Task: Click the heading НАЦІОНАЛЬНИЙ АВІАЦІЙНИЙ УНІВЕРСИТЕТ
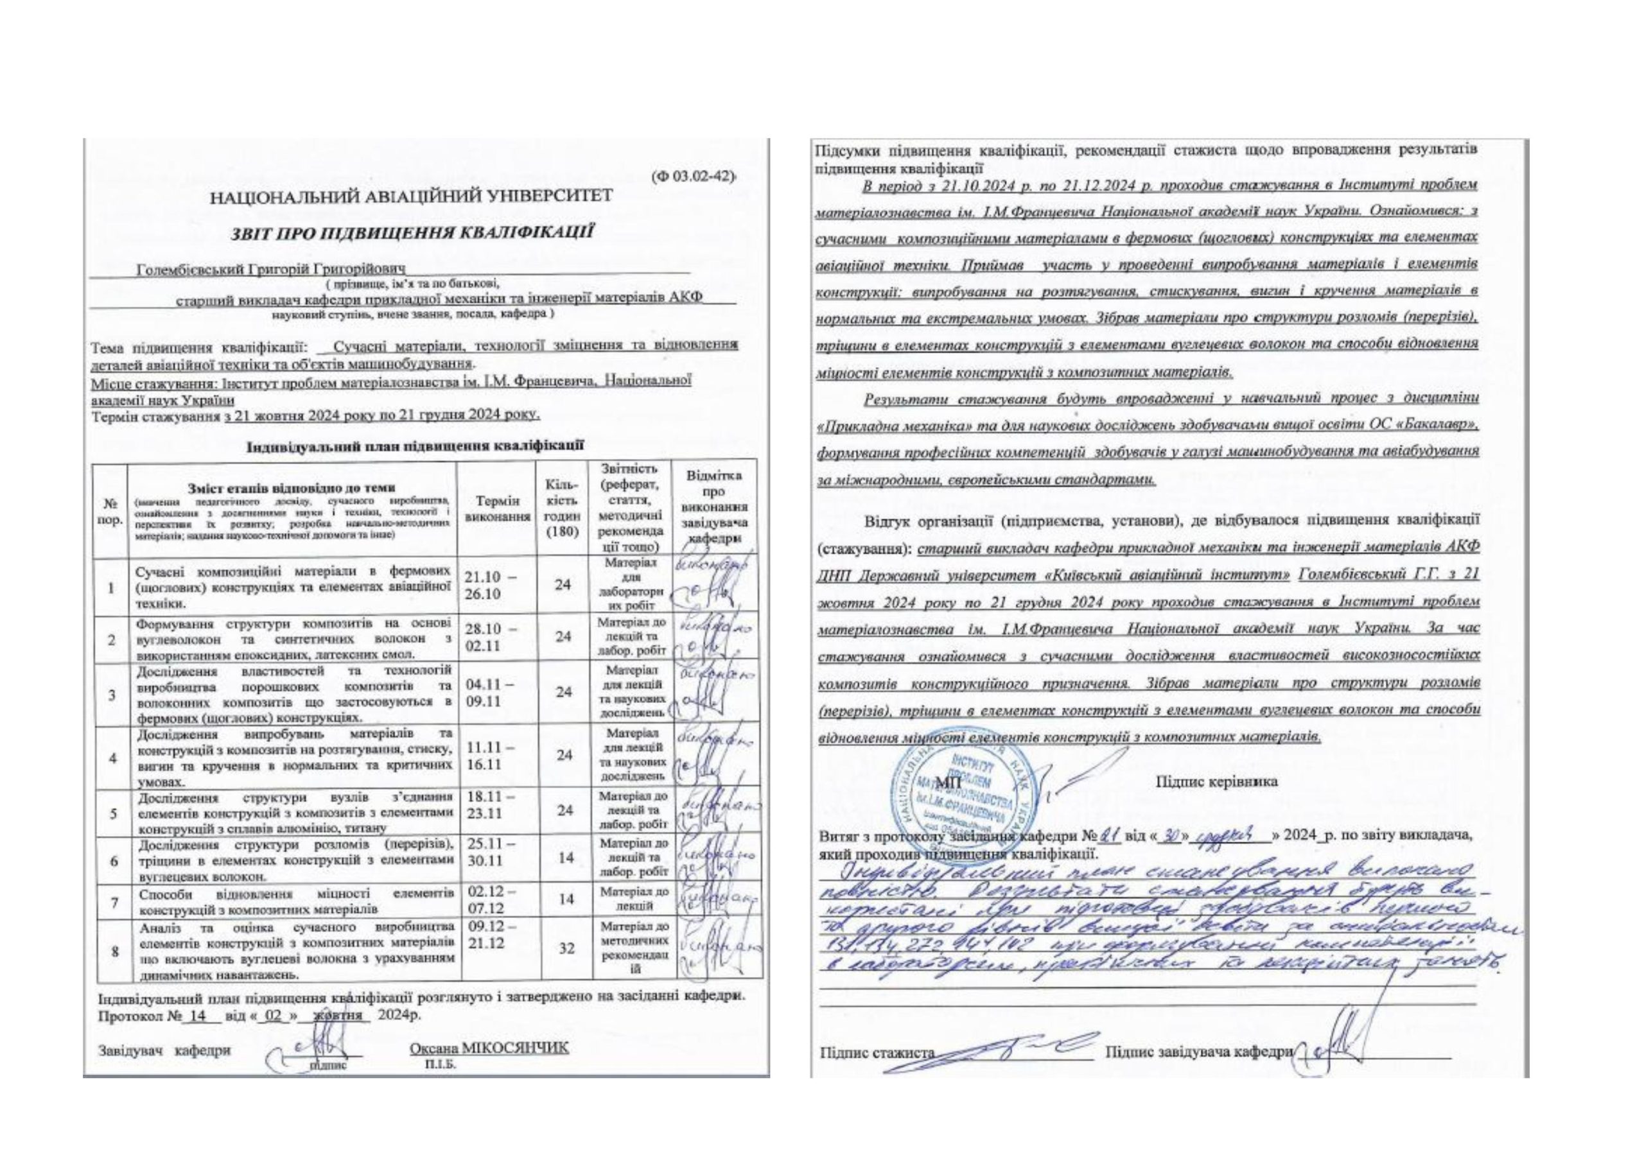[411, 195]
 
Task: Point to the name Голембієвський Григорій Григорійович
[272, 270]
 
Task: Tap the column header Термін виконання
[498, 508]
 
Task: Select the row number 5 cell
[112, 814]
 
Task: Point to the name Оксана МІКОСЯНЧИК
[489, 1048]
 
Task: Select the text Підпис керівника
[1216, 782]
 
